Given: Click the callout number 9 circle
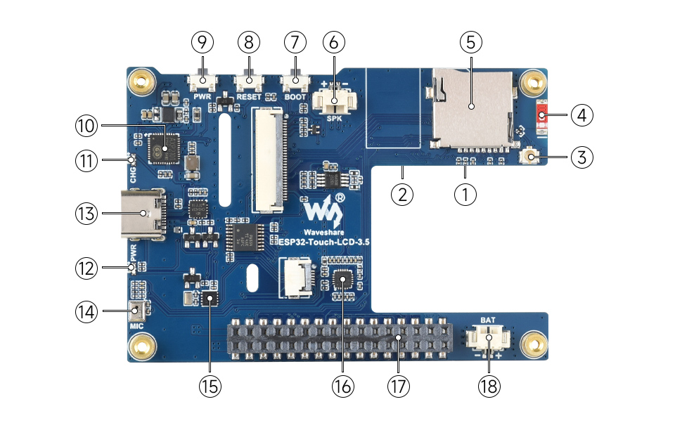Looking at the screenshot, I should (x=202, y=42).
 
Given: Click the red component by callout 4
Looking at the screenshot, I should (x=542, y=115).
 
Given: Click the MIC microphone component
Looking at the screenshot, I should (x=136, y=311).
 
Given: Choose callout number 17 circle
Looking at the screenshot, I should (x=399, y=386).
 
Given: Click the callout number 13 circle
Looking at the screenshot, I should (x=89, y=213).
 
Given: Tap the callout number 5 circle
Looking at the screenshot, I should (x=470, y=42).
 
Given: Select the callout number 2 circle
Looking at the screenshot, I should (x=401, y=194).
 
